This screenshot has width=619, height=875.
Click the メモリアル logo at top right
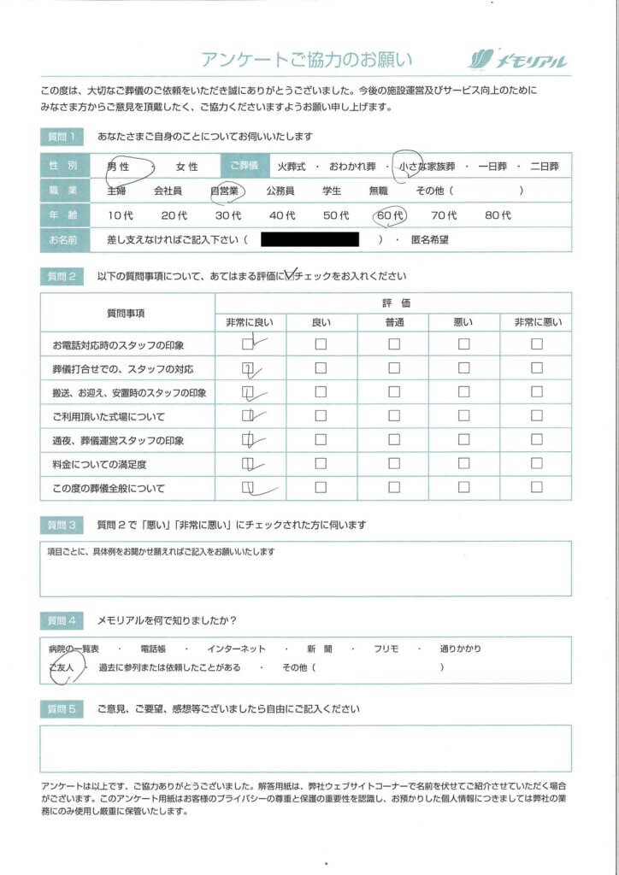518,59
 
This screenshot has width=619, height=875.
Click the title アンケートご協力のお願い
306,59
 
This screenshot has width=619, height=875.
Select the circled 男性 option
118,167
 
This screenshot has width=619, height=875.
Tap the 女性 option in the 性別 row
186,167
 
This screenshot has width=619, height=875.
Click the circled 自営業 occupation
227,191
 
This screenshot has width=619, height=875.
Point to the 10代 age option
121,215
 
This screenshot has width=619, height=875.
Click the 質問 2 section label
62,276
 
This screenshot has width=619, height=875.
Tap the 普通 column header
393,322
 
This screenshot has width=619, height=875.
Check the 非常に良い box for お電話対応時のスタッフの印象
248,344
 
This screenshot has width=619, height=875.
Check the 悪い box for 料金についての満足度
463,464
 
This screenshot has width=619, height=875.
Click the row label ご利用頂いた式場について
109,417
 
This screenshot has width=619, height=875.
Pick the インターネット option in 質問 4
237,649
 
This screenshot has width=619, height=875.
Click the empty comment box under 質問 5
305,748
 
